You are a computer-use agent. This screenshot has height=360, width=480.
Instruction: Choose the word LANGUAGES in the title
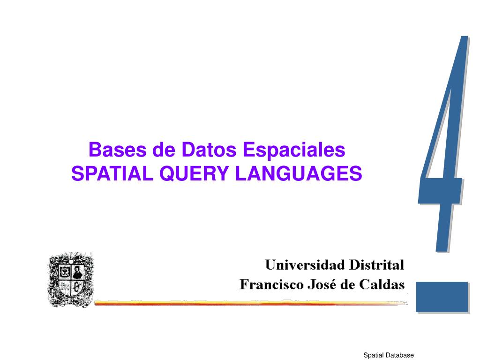point(299,173)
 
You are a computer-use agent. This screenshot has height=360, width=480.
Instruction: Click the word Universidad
point(304,265)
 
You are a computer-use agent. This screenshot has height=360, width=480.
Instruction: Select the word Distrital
point(376,265)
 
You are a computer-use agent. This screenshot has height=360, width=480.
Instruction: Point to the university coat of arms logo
point(71,279)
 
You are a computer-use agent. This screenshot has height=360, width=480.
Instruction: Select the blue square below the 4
point(442,296)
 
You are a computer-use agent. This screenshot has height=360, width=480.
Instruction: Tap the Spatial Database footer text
point(388,355)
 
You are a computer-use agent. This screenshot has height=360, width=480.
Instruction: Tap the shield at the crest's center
point(71,280)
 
